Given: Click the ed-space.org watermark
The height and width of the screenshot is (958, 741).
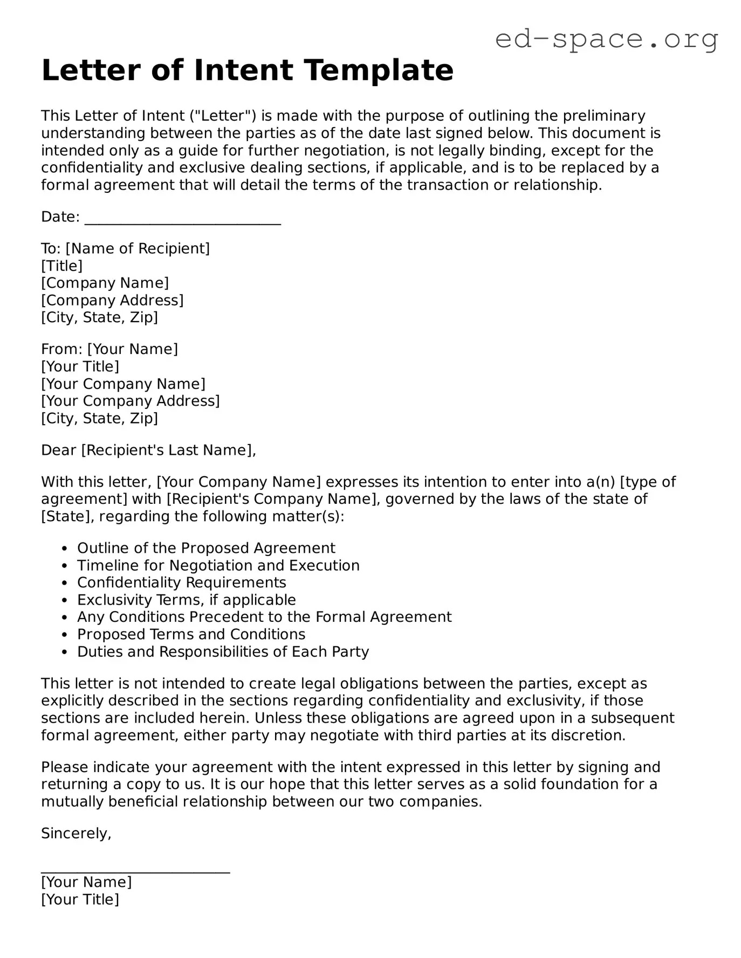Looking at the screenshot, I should click(606, 39).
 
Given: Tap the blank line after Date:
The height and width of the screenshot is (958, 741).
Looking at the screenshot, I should click(183, 219).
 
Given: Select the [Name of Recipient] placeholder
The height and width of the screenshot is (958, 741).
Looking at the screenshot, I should click(138, 248).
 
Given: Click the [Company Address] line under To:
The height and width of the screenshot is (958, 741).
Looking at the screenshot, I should click(112, 300).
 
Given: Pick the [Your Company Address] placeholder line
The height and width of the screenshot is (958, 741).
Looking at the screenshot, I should click(131, 401).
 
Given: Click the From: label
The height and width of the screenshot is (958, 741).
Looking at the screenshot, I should click(61, 349).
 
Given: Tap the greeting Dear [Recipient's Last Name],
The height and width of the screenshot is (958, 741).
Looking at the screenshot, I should click(148, 450).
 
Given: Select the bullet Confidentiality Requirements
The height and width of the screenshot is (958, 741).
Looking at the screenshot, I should click(181, 582).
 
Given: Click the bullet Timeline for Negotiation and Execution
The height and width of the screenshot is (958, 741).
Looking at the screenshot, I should click(218, 565).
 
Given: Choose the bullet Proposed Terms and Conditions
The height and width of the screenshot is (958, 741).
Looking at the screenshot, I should click(191, 634).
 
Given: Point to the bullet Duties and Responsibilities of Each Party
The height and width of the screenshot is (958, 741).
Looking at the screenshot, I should click(223, 651).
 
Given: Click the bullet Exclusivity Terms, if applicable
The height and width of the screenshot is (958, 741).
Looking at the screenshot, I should click(186, 600).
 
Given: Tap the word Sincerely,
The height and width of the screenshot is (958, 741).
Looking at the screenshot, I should click(76, 834).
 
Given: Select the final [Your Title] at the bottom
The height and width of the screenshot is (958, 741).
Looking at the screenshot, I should click(80, 899).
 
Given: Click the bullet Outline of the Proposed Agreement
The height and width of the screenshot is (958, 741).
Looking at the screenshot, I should click(206, 548).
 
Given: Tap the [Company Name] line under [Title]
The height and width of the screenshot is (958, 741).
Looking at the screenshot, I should click(105, 283).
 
